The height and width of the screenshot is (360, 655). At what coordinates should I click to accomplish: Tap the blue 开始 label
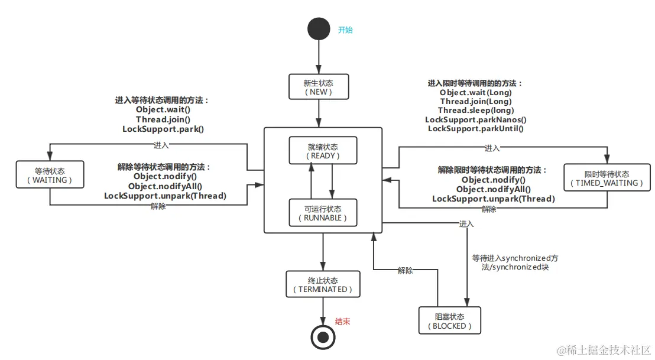tap(345, 30)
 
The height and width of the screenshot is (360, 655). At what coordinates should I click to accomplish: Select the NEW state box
tap(319, 87)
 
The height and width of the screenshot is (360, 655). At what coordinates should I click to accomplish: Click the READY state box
tap(323, 151)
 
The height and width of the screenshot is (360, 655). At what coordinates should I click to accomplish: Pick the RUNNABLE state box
tap(323, 213)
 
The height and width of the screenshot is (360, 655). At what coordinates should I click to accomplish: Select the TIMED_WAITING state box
tap(607, 178)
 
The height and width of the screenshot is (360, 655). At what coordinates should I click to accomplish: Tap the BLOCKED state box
tap(449, 321)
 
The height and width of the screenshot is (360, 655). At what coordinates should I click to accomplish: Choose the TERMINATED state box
tap(323, 284)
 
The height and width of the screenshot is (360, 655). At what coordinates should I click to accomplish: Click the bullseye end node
tap(323, 337)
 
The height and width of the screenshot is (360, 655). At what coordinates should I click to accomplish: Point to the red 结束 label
tap(343, 322)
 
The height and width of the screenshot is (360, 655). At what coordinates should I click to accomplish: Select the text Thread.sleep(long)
tap(475, 111)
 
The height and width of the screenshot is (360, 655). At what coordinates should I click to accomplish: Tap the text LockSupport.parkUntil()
tap(475, 128)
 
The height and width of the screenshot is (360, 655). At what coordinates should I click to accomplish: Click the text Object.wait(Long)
tap(475, 93)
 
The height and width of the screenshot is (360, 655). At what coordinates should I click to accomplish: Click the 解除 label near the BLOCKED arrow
tap(406, 270)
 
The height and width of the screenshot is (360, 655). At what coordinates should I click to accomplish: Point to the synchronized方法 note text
tap(514, 262)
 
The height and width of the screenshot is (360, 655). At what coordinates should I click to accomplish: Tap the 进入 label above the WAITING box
tap(161, 145)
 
